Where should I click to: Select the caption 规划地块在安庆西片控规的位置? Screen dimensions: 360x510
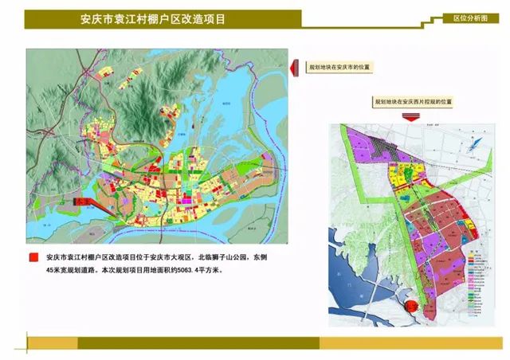(x=413, y=102)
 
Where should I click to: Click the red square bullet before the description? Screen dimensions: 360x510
(x=33, y=258)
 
